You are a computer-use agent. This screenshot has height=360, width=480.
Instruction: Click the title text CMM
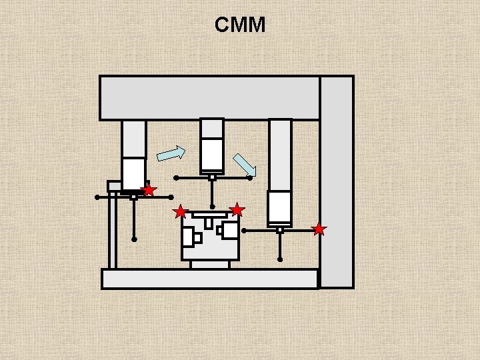click(x=240, y=25)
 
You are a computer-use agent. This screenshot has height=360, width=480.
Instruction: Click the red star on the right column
click(x=319, y=229)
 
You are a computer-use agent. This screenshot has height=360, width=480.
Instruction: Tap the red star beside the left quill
click(x=149, y=190)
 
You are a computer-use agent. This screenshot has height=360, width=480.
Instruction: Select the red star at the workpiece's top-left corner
click(x=180, y=212)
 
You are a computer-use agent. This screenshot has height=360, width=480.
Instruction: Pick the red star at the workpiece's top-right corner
click(x=237, y=210)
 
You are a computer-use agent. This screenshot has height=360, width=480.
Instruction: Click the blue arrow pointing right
click(x=171, y=153)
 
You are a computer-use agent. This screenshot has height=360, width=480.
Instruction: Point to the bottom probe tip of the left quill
click(x=134, y=239)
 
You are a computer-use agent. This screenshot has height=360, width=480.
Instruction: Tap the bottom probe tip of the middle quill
click(x=212, y=207)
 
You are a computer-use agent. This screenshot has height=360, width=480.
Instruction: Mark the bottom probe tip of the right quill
click(x=280, y=259)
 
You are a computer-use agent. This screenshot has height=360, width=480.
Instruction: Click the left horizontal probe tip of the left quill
click(x=97, y=197)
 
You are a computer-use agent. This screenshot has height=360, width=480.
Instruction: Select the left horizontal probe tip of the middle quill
click(x=176, y=178)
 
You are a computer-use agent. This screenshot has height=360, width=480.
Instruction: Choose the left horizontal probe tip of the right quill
click(x=244, y=231)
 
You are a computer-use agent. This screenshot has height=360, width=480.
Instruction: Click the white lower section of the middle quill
click(x=212, y=154)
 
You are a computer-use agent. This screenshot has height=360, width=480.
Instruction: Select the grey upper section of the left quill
click(x=134, y=139)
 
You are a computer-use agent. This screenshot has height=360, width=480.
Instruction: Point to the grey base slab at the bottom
click(x=209, y=279)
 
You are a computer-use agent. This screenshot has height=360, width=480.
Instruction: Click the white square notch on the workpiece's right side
click(x=231, y=231)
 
